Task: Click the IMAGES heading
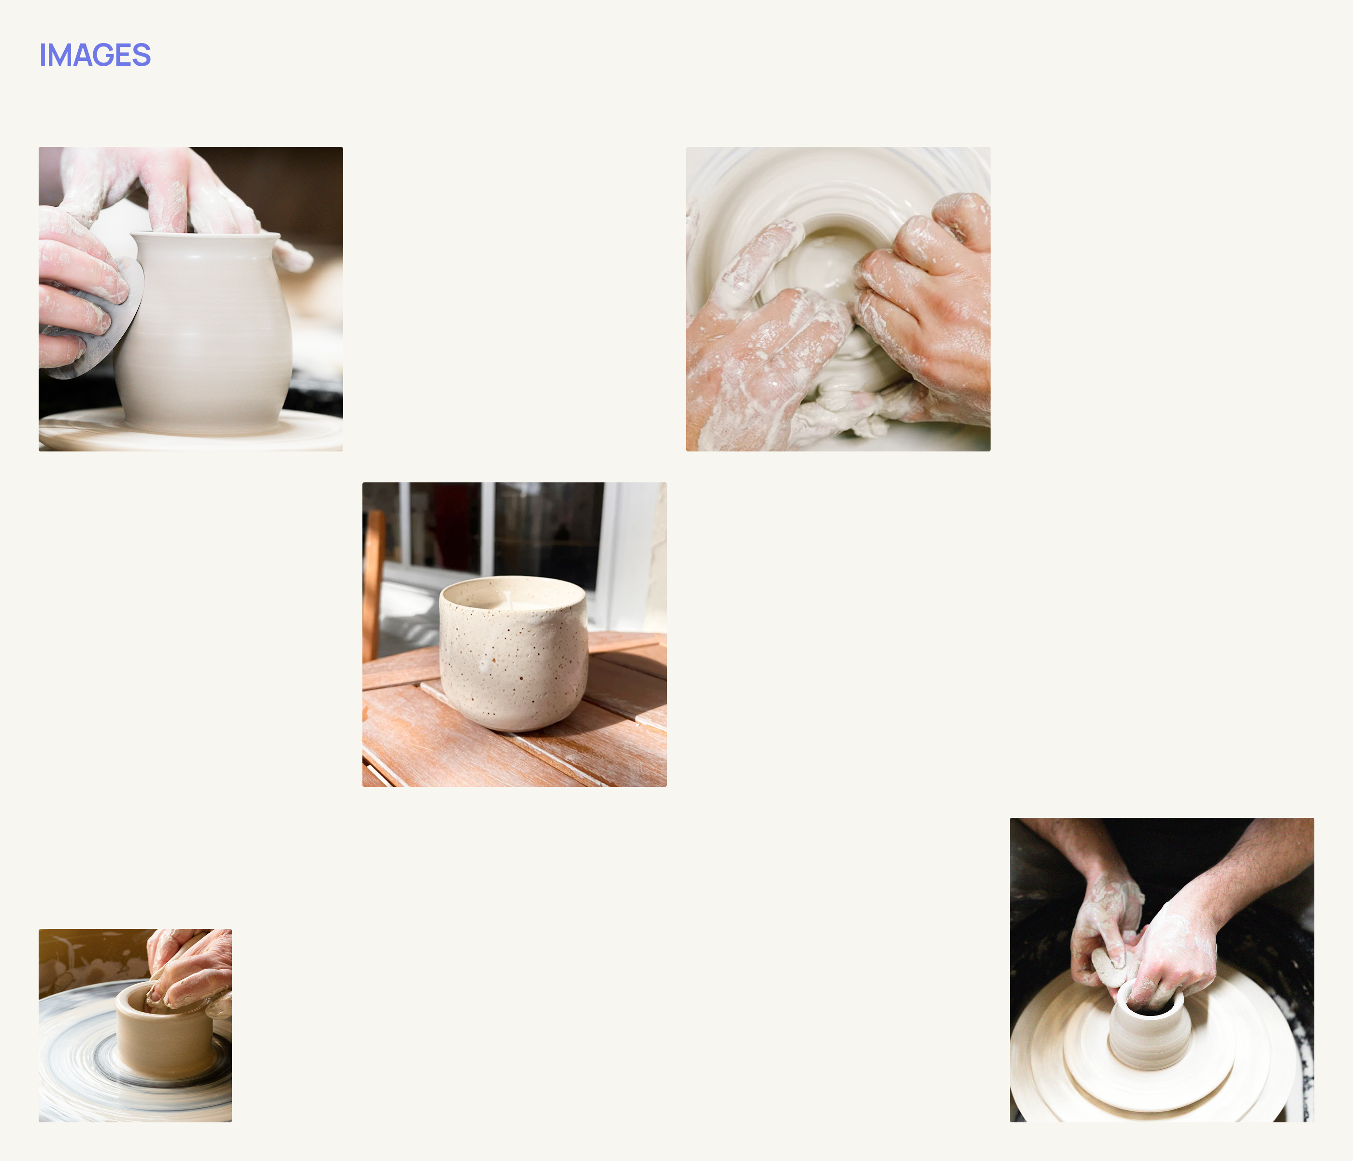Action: pyautogui.click(x=95, y=55)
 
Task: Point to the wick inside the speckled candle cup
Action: pyautogui.click(x=507, y=600)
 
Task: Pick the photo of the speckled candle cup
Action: pyautogui.click(x=515, y=635)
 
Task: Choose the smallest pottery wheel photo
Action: pyautogui.click(x=135, y=1026)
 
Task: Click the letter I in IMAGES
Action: pyautogui.click(x=43, y=55)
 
